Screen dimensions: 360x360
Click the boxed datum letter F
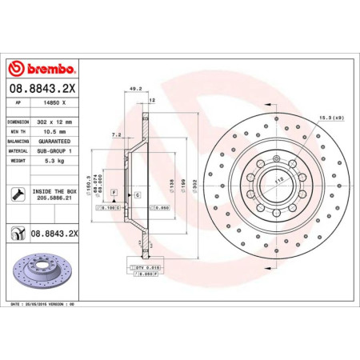[114, 194]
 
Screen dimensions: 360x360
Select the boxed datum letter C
[137, 194]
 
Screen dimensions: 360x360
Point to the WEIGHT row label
[19, 159]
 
